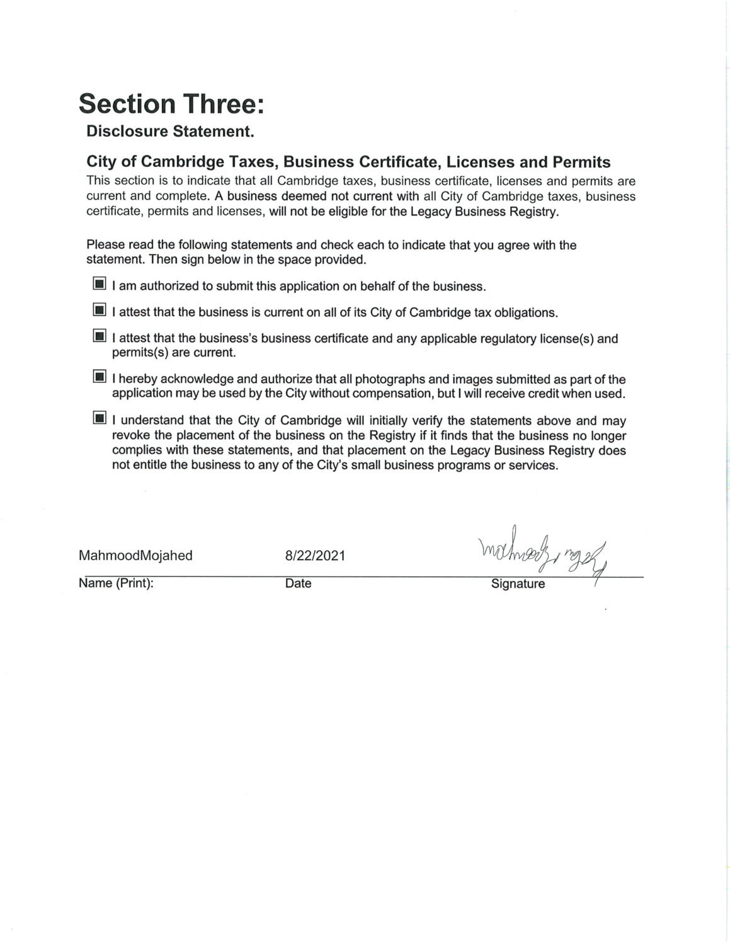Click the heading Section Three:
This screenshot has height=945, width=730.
coord(171,104)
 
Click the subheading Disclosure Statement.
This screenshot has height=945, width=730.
coord(169,132)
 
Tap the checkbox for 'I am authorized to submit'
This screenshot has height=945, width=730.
coord(99,284)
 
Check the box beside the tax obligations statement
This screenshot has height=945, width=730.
coord(99,310)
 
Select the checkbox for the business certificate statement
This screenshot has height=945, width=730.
coord(99,336)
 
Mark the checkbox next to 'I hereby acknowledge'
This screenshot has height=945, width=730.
coord(99,377)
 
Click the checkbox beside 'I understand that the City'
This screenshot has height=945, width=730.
coord(99,418)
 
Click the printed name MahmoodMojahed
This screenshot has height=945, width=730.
coord(135,556)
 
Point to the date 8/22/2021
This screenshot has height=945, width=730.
coord(315,556)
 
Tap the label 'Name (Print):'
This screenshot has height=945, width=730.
coord(116,583)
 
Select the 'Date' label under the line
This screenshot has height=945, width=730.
coord(298,583)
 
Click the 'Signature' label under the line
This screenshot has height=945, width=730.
coord(518,584)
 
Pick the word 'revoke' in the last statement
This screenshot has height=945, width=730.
coord(131,436)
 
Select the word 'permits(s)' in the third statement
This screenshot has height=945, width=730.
coord(142,353)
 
